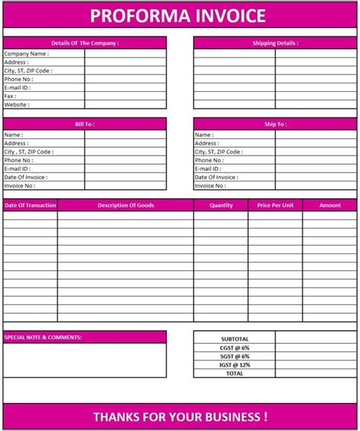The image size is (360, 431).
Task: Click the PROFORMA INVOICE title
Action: [x=179, y=15]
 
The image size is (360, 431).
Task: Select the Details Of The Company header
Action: [x=85, y=43]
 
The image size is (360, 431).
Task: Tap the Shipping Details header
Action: [x=275, y=43]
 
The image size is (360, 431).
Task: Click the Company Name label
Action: [x=27, y=54]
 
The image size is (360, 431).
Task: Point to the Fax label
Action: [x=11, y=96]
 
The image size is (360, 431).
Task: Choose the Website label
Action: [x=17, y=105]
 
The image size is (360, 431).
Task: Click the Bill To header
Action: [x=85, y=124]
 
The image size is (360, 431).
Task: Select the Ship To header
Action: [x=275, y=124]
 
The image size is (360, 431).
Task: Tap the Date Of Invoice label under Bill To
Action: [x=25, y=178]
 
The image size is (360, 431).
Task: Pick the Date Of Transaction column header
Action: [x=30, y=205]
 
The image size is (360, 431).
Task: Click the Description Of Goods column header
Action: [x=125, y=205]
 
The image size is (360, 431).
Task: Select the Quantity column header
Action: [x=221, y=205]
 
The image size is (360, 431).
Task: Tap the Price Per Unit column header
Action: [x=275, y=205]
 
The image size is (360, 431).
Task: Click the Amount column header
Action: [x=330, y=205]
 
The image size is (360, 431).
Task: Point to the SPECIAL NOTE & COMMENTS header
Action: [x=43, y=337]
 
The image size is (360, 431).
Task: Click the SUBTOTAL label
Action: [x=234, y=338]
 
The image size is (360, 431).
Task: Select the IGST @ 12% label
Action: [x=234, y=365]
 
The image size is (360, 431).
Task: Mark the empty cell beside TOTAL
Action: [x=315, y=373]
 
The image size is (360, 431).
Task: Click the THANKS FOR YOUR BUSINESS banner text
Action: [x=179, y=417]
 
